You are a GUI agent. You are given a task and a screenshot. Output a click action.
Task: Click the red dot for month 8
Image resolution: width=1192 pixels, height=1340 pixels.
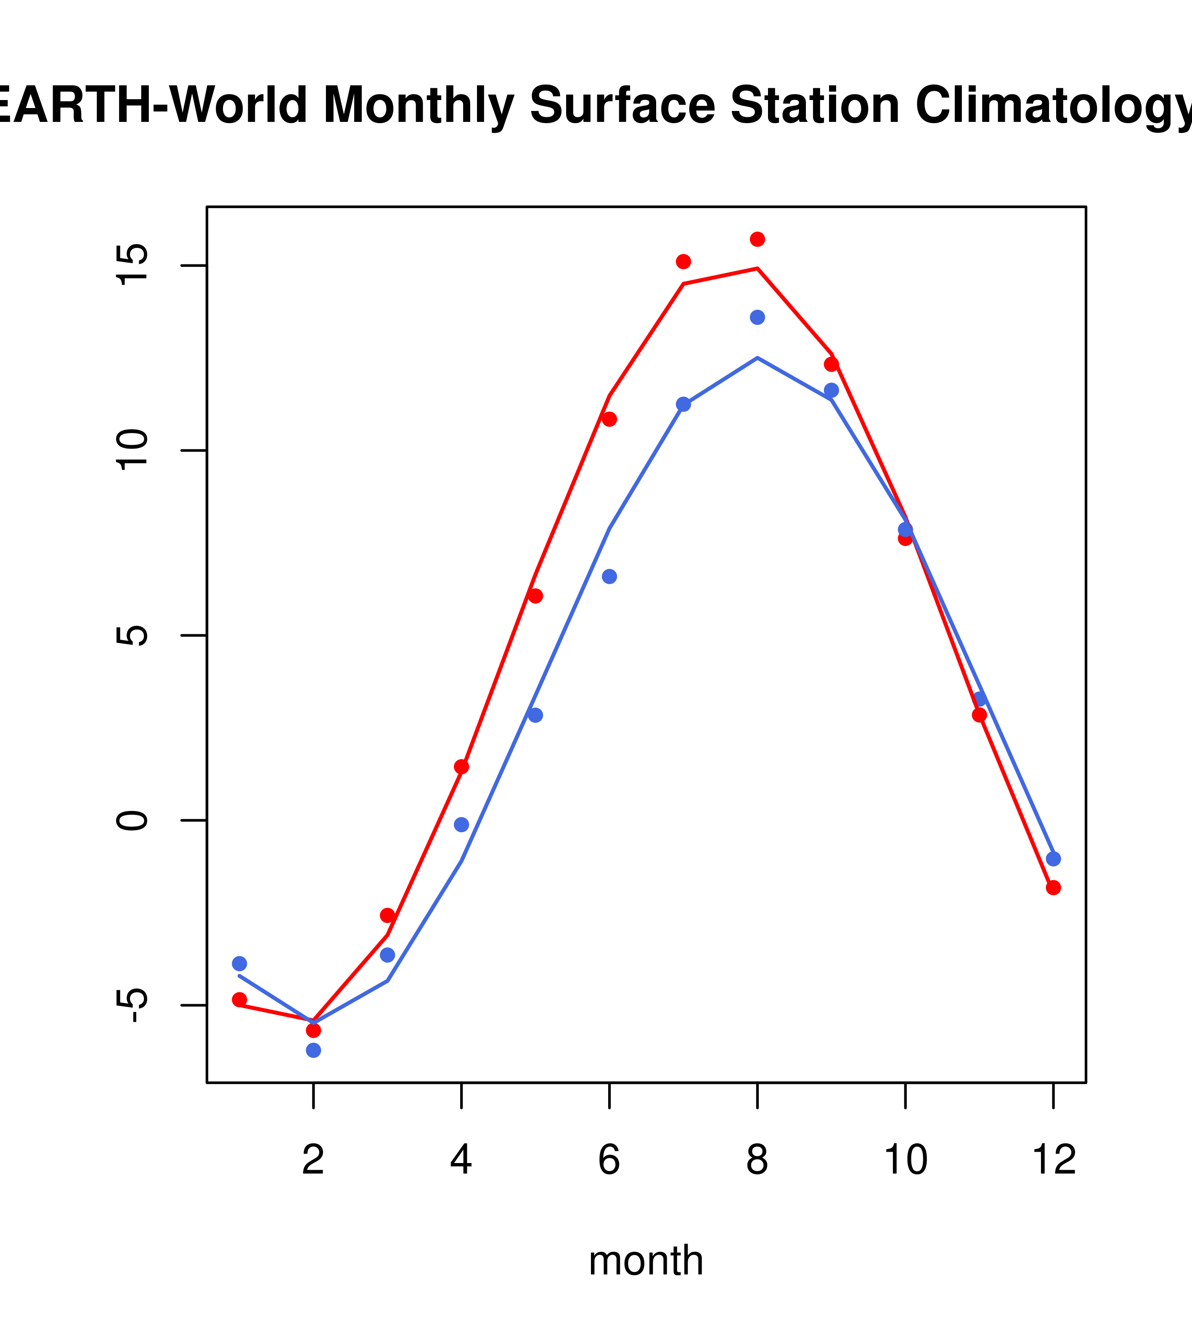[757, 239]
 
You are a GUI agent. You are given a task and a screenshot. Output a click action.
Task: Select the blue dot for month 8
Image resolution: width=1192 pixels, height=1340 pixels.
[757, 317]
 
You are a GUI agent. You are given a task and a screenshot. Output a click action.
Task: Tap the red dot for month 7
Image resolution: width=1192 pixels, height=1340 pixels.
[683, 261]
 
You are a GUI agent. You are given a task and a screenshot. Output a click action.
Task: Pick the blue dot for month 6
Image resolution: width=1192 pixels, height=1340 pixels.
[609, 576]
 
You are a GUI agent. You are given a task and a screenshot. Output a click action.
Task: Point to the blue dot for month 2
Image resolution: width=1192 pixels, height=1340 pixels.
[314, 1050]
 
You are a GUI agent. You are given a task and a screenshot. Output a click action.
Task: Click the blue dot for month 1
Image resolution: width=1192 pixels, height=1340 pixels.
[239, 964]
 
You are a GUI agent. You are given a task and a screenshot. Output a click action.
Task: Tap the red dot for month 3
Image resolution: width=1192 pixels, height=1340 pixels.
[388, 915]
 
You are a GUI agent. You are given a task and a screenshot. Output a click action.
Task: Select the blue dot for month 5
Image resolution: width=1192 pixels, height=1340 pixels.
[535, 715]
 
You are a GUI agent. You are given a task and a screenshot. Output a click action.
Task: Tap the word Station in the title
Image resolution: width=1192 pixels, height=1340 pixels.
[814, 105]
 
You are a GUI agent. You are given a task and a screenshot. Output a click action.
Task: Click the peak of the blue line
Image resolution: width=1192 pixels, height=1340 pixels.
[757, 358]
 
